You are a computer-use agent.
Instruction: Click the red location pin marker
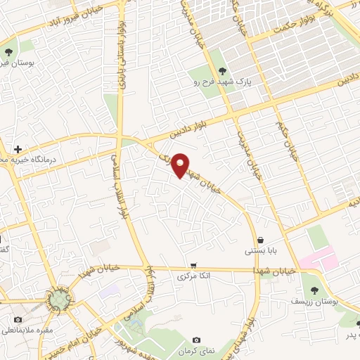(181, 165)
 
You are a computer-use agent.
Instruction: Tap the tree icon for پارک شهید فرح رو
(222, 70)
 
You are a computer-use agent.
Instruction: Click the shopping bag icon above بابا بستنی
(260, 240)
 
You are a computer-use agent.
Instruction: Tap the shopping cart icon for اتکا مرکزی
(193, 266)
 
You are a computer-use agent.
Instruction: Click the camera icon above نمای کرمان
(195, 340)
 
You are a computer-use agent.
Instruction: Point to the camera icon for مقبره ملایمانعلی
(18, 319)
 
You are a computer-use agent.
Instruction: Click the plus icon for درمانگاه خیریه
(18, 150)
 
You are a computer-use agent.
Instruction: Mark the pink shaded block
(319, 261)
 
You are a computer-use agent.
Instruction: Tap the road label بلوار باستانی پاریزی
(122, 70)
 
